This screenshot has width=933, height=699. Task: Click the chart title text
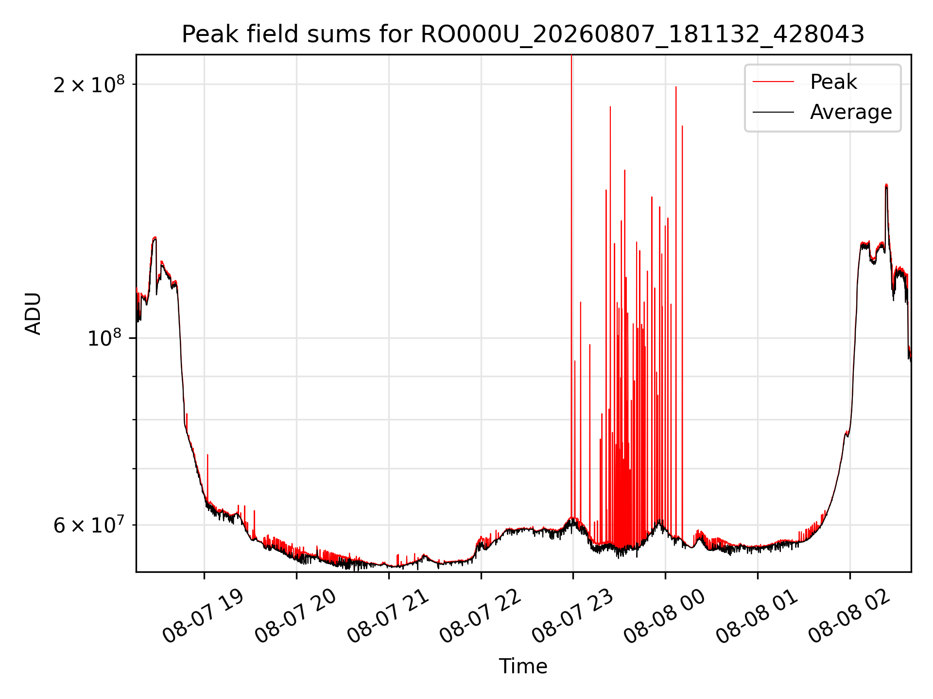523,34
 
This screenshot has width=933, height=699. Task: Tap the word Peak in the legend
833,82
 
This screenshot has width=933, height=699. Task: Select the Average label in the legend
851,112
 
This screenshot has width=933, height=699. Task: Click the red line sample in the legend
773,82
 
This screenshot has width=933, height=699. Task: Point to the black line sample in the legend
773,112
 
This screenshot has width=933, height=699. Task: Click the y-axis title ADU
34,314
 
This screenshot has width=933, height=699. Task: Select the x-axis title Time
523,666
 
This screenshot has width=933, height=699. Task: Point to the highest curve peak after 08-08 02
886,184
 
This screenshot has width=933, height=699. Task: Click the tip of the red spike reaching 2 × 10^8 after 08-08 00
675,87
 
